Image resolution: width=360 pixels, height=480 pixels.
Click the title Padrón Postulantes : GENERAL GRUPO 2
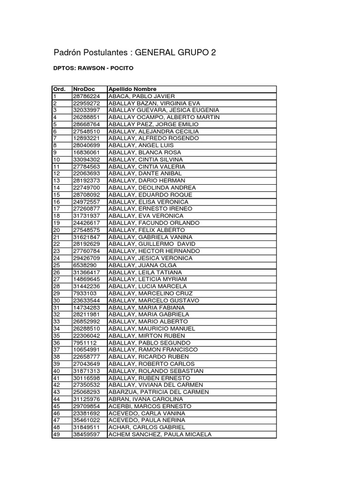[135, 53]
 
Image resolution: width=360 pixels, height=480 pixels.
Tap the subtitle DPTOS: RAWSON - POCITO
[94, 68]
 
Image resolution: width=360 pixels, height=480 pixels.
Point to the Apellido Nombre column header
[133, 89]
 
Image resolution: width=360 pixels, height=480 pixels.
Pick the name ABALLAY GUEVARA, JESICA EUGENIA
[164, 110]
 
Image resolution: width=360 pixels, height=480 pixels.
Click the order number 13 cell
[57, 180]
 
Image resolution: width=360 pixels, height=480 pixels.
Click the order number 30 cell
[57, 300]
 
